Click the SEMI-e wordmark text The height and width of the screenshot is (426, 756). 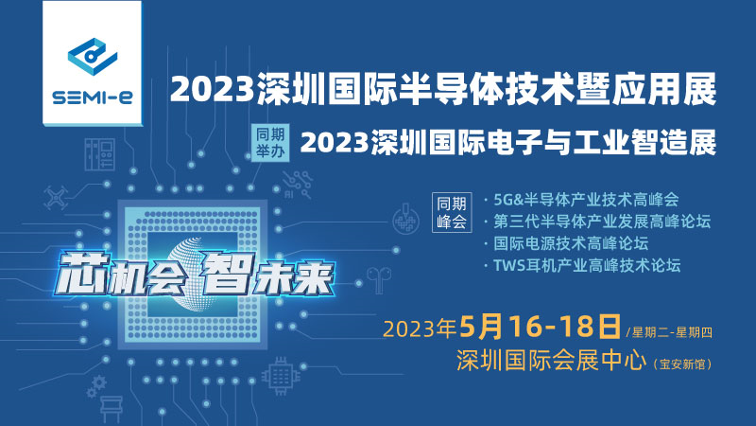pos(92,98)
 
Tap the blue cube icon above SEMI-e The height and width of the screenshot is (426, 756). pos(93,56)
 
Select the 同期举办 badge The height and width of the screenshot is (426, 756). pos(270,143)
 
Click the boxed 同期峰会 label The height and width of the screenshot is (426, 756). pos(452,212)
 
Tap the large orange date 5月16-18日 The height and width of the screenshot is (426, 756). pos(540,327)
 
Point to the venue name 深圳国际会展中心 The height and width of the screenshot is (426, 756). pos(551,361)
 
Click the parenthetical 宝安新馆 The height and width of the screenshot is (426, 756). pos(682,364)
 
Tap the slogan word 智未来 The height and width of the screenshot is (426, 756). pos(266,273)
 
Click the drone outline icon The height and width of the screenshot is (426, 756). pos(56,198)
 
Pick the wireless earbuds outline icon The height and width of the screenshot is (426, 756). pos(379,279)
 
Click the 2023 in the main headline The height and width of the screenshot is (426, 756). pos(212,89)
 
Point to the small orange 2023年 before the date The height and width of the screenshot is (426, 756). pos(420,328)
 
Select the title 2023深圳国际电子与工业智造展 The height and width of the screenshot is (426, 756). pos(508,143)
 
